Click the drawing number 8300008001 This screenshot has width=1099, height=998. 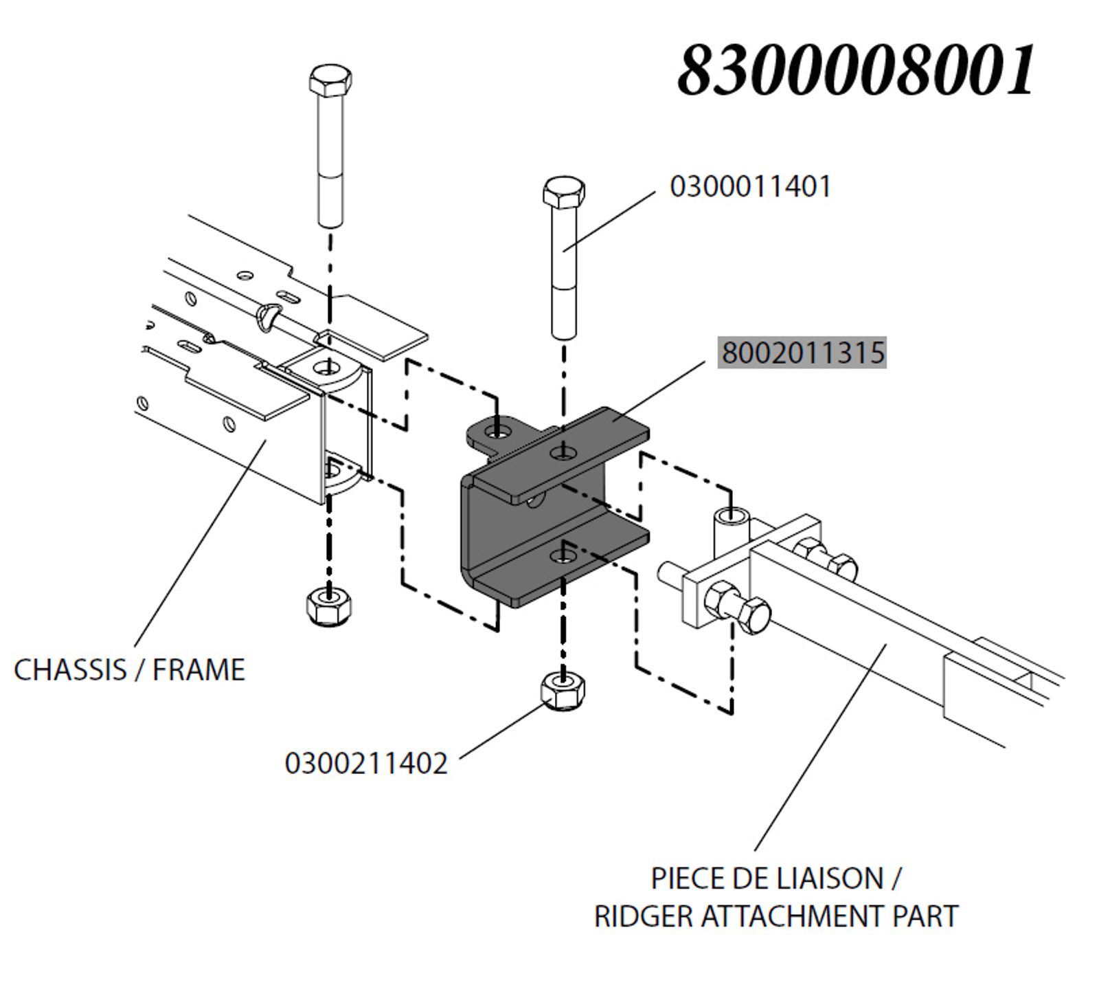(x=857, y=71)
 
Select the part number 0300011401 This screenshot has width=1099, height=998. (x=750, y=187)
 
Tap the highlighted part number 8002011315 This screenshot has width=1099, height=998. (x=802, y=353)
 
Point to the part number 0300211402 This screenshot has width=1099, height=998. (x=366, y=763)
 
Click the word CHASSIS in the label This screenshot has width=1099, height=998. (x=70, y=669)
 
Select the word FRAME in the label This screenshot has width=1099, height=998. (x=199, y=669)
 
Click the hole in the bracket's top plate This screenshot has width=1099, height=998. (x=564, y=452)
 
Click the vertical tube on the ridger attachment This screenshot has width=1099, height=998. (x=733, y=533)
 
